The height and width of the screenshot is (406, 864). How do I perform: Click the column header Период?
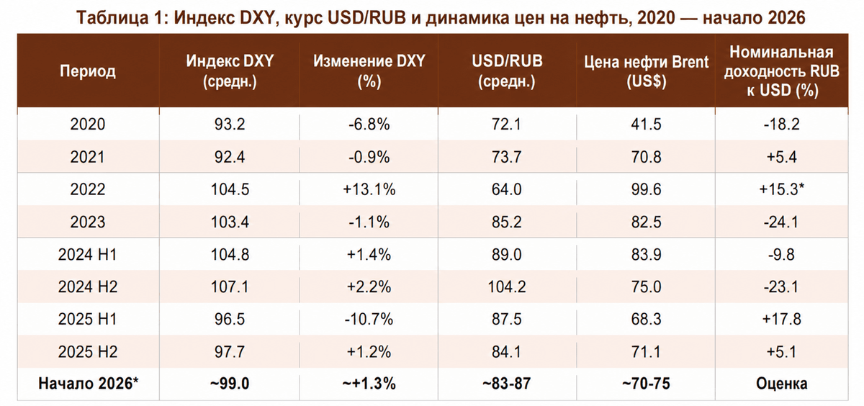pos(88,71)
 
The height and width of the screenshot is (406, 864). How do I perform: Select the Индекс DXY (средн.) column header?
pos(230,71)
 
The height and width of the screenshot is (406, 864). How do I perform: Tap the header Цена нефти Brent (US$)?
pos(647,71)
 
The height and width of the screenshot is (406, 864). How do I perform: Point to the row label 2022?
pos(88,189)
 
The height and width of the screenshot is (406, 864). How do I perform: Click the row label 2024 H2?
pos(88,287)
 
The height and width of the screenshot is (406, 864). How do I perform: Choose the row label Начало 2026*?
pos(88,384)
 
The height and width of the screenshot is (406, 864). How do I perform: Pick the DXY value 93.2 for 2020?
pos(230,125)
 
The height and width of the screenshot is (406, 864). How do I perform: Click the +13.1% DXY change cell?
pos(369,189)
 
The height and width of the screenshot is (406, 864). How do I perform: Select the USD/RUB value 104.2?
pos(507,287)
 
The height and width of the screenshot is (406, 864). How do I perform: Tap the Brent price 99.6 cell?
pos(647,189)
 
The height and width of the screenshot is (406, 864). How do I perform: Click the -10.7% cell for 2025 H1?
pos(369,319)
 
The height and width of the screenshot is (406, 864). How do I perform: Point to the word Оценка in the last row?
pos(781,384)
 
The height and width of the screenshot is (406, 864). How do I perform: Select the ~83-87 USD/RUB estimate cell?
pos(507,384)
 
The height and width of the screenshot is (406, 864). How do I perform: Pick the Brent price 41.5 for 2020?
pos(647,125)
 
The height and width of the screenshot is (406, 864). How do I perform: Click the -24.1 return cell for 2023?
pos(781,222)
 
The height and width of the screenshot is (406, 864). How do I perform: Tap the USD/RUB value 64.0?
pos(507,189)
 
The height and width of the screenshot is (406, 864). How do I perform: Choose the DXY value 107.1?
pos(230,287)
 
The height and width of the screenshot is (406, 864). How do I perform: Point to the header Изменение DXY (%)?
pos(369,71)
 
